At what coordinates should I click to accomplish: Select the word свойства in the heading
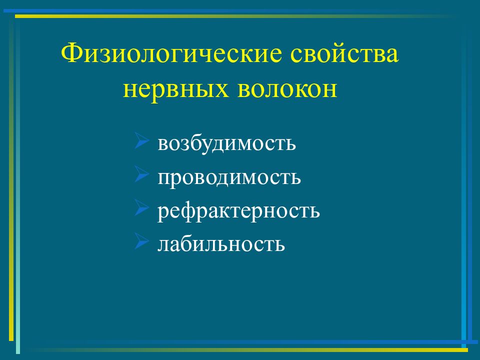pyautogui.click(x=344, y=53)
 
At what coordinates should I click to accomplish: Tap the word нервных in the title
pyautogui.click(x=175, y=89)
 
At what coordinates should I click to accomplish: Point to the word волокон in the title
pyautogui.click(x=287, y=89)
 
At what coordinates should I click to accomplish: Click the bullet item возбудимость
pyautogui.click(x=226, y=142)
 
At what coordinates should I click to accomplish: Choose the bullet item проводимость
pyautogui.click(x=229, y=177)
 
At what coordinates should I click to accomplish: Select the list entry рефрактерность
pyautogui.click(x=238, y=210)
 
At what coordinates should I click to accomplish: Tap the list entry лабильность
pyautogui.click(x=221, y=243)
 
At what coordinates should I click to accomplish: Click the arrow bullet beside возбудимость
pyautogui.click(x=141, y=140)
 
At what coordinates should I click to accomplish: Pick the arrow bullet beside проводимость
pyautogui.click(x=141, y=174)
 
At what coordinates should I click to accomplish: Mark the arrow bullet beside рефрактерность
pyautogui.click(x=141, y=208)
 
